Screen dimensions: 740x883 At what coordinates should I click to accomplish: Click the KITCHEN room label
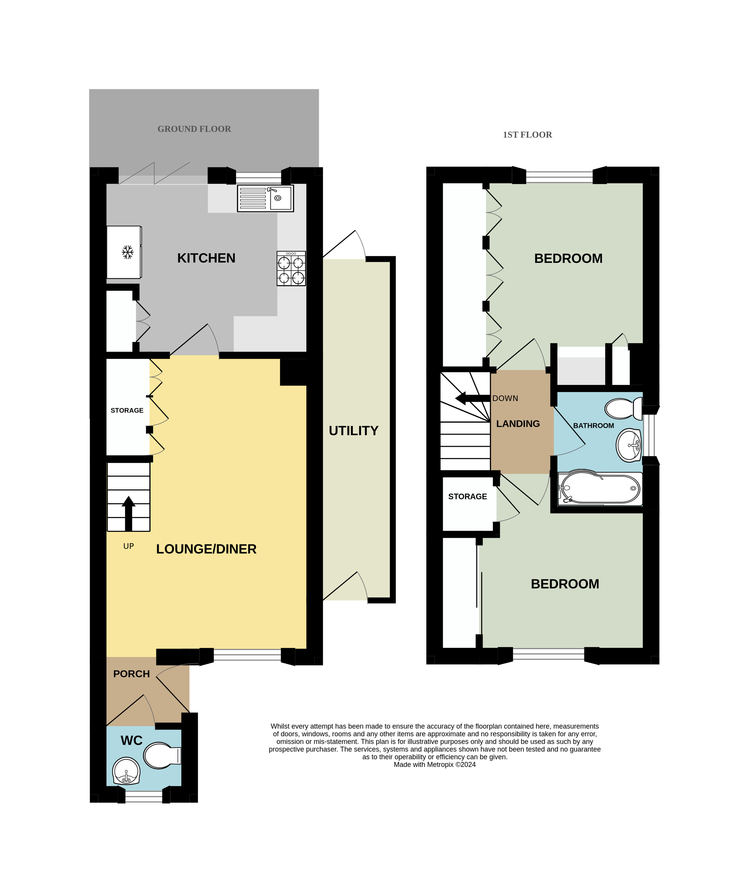click(x=206, y=258)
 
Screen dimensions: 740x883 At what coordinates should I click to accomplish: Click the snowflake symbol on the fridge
click(x=127, y=252)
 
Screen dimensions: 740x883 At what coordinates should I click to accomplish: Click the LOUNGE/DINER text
click(x=206, y=549)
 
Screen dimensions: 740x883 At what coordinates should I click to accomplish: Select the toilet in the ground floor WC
click(x=162, y=755)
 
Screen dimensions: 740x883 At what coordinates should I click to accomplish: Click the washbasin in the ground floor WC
click(x=126, y=771)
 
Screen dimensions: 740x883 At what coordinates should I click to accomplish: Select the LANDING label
click(x=518, y=424)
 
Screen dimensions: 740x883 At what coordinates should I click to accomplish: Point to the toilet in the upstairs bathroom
click(x=623, y=409)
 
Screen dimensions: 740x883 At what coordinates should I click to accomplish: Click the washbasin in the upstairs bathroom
click(x=629, y=445)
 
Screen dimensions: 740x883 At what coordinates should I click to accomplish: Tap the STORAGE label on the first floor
click(x=467, y=497)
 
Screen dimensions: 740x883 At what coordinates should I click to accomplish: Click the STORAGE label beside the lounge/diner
click(x=127, y=410)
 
